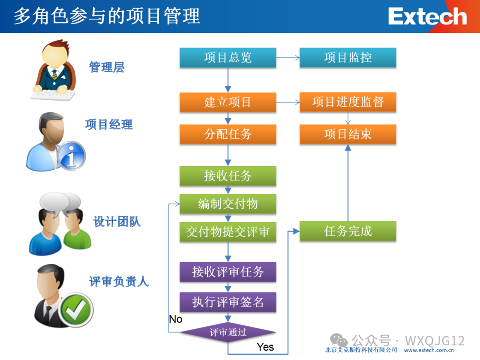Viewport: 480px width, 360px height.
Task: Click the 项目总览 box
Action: point(228,58)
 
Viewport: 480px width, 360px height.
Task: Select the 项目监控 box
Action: point(348,58)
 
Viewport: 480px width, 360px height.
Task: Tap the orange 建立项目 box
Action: point(228,102)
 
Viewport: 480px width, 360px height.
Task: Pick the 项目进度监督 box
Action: point(348,102)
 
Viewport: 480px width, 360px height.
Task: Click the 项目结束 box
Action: point(348,134)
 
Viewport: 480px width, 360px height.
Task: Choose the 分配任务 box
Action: point(228,134)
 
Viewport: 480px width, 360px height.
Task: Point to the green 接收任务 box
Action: point(228,176)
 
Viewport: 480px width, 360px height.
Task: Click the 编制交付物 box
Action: point(228,204)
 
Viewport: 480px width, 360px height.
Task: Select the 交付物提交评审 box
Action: point(228,232)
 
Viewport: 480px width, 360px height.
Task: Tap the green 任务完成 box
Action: point(348,232)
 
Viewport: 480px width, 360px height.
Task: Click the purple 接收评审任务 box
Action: point(228,272)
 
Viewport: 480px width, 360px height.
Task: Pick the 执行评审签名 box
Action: point(228,302)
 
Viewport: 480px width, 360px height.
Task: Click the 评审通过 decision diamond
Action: point(228,332)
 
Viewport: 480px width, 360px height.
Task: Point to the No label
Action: point(176,319)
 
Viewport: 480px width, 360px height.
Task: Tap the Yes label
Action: point(265,347)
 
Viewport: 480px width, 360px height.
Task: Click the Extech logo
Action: point(427,17)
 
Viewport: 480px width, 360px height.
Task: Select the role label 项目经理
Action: point(109,124)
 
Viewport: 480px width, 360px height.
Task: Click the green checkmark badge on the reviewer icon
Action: point(76,309)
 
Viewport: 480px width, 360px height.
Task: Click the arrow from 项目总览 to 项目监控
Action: point(288,58)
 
